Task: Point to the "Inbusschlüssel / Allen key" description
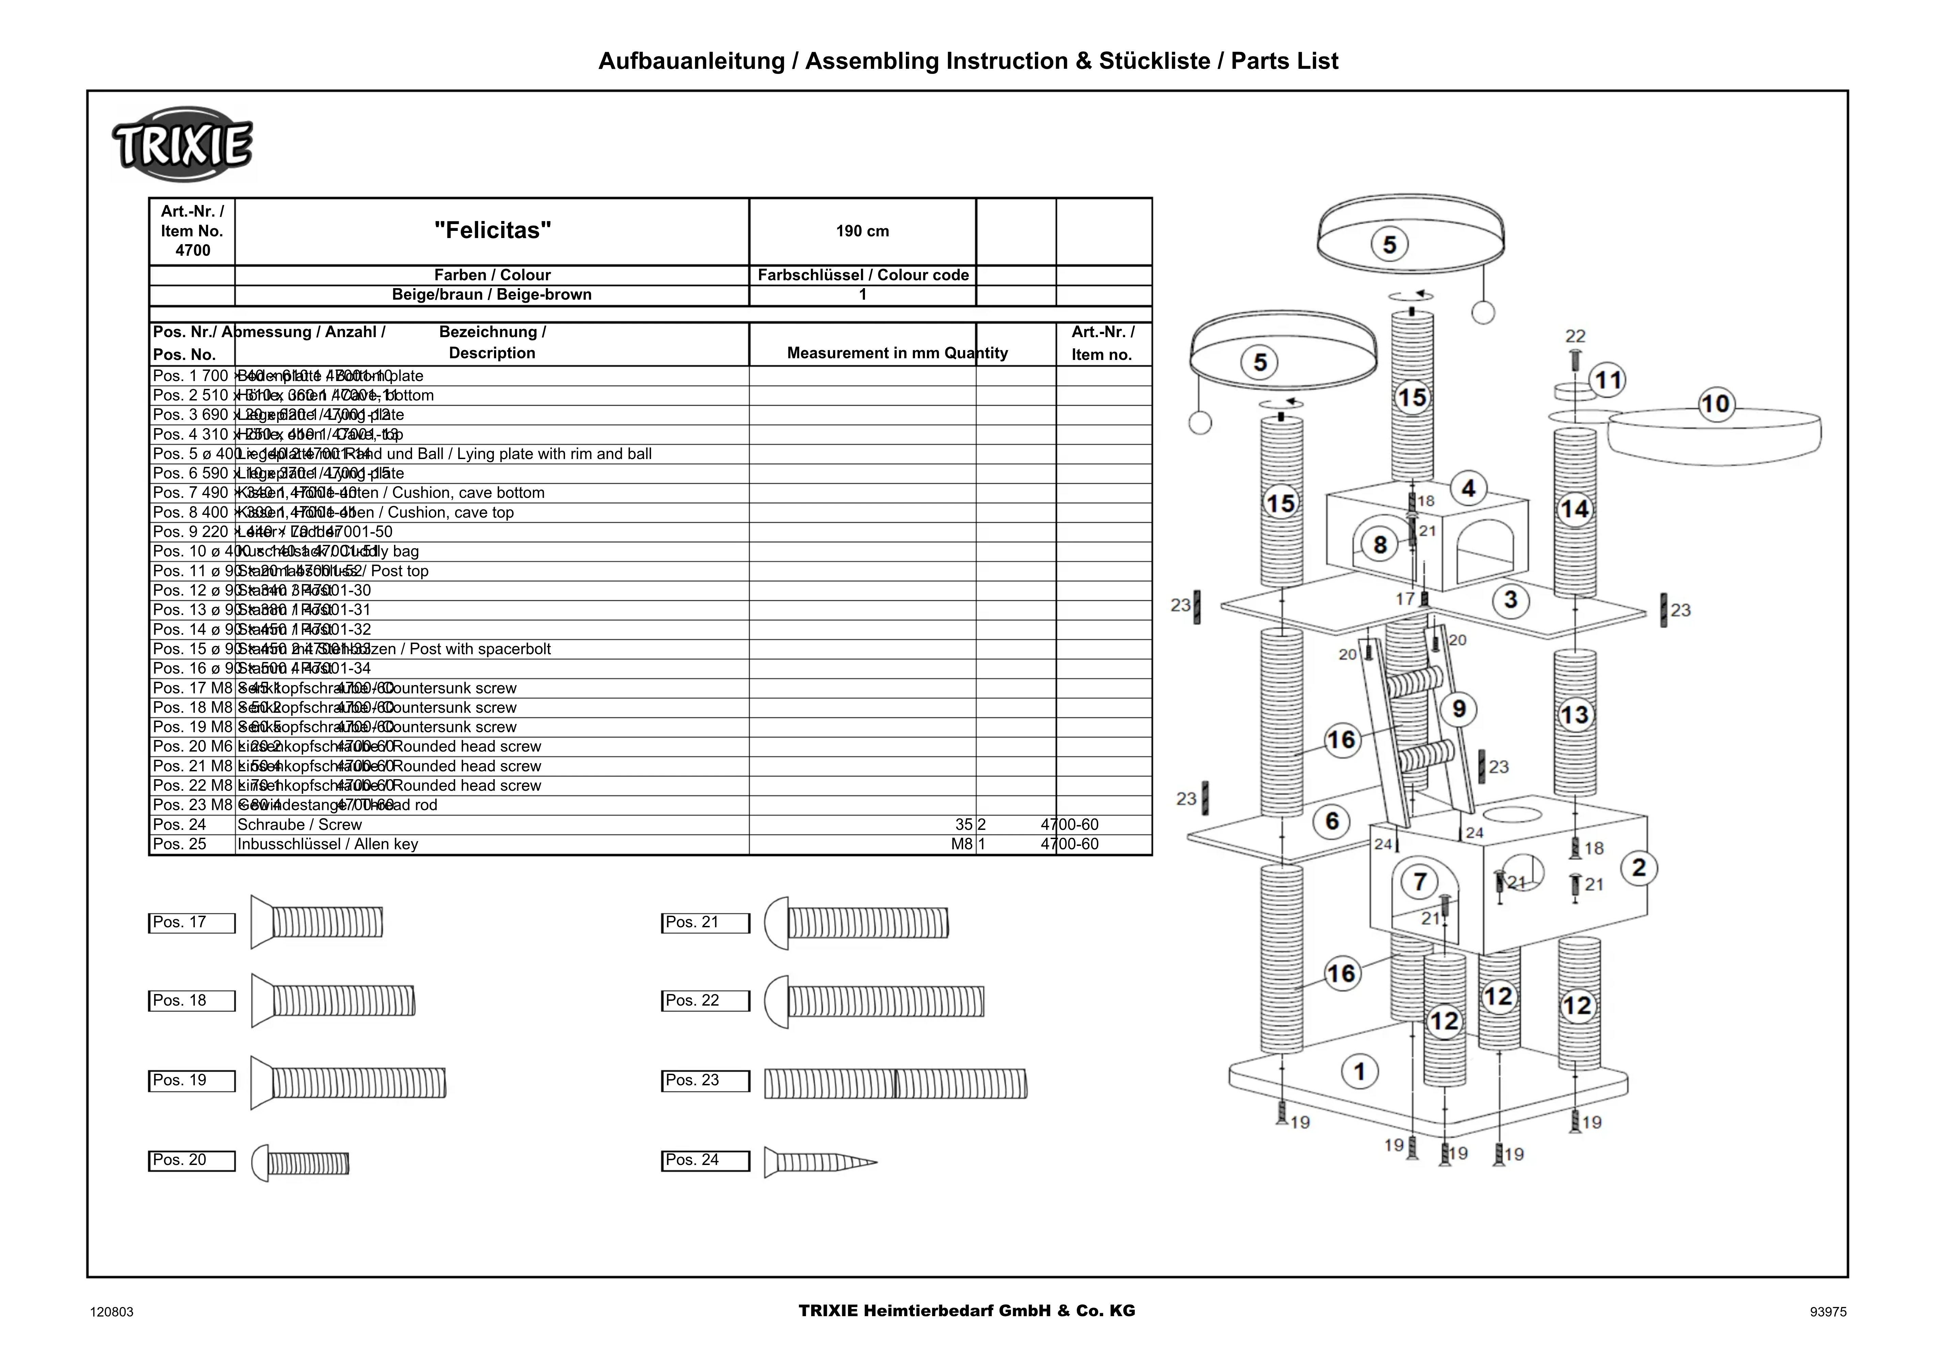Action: [x=328, y=844]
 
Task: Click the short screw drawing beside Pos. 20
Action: [x=301, y=1163]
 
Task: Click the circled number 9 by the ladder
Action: [x=1459, y=709]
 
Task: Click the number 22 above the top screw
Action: [x=1575, y=336]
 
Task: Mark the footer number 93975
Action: [x=1828, y=1312]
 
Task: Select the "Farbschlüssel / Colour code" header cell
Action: [x=863, y=275]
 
